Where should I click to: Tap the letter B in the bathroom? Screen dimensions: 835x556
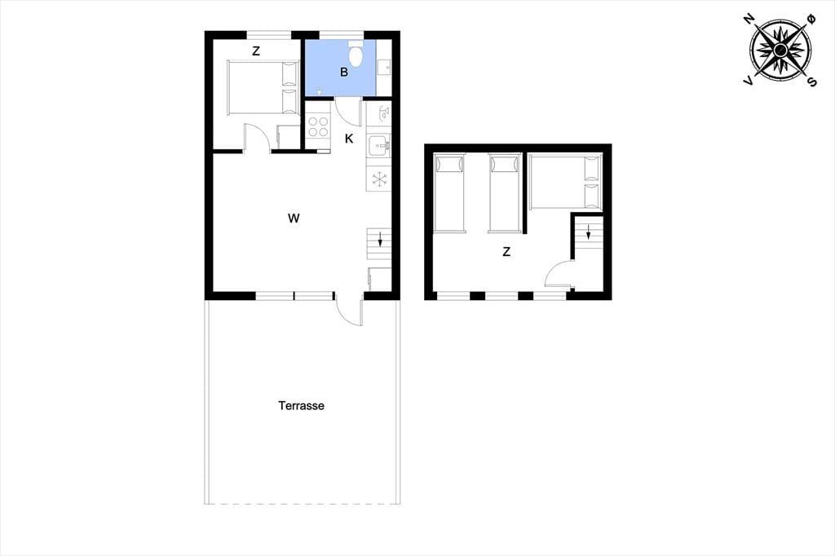point(344,73)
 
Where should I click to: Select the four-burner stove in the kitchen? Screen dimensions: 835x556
point(318,126)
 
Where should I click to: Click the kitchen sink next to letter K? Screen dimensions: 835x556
point(378,145)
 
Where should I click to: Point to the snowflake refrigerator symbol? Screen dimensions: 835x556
point(378,179)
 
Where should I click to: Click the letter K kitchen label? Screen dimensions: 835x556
point(349,139)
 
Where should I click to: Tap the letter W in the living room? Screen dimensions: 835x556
point(294,218)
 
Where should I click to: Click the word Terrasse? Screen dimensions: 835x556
point(301,406)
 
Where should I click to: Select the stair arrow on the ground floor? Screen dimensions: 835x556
point(380,240)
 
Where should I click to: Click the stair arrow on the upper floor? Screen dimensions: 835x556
point(588,232)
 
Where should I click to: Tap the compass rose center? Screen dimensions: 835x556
point(780,51)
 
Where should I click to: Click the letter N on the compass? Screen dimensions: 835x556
point(750,20)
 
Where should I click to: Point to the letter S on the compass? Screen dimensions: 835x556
point(811,82)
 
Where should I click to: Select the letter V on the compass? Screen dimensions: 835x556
point(749,81)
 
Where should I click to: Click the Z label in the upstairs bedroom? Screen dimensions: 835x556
point(506,252)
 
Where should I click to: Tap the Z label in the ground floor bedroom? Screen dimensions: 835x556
point(256,51)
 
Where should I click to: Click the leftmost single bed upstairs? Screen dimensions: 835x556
point(449,193)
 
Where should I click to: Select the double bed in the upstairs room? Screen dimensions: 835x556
point(565,181)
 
